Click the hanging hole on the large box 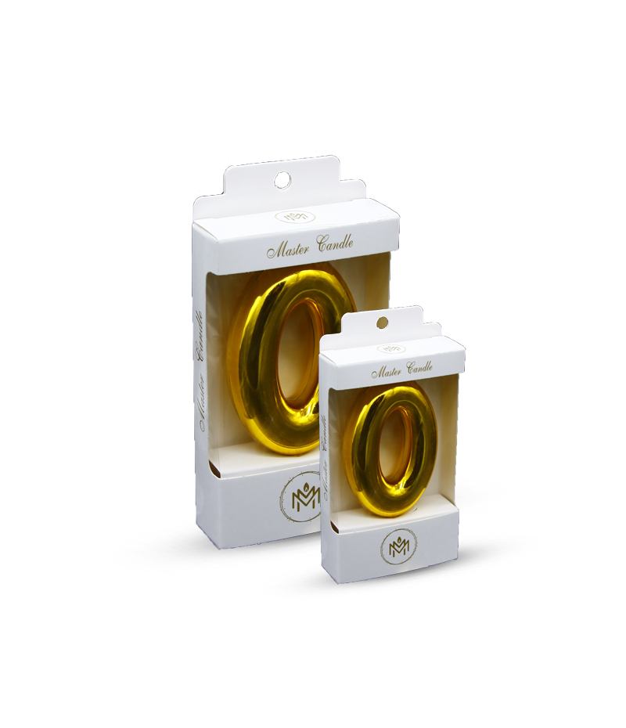pos(282,179)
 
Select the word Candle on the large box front pos(334,243)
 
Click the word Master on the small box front pos(387,371)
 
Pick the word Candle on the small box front pos(419,368)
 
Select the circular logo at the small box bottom pos(398,547)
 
